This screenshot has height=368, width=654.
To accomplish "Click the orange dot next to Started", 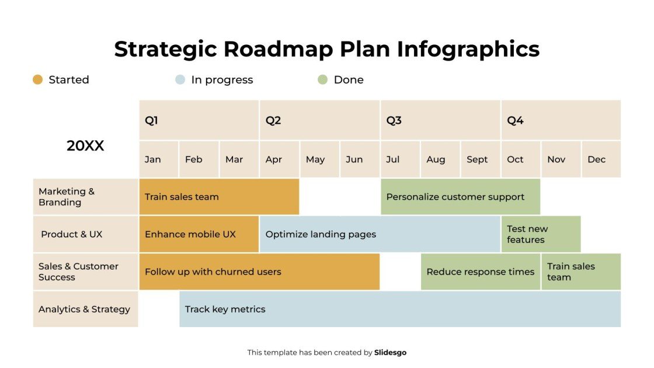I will (38, 80).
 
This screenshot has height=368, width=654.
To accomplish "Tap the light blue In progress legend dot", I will (180, 80).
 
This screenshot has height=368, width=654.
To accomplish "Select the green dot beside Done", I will (323, 80).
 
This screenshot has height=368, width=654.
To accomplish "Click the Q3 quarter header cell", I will (440, 120).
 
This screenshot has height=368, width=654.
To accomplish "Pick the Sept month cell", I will (481, 159).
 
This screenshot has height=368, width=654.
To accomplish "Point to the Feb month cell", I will (199, 159).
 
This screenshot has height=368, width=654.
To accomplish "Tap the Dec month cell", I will (601, 159).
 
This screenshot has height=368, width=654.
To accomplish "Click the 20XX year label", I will (85, 146).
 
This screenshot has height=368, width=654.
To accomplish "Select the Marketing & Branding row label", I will (85, 197).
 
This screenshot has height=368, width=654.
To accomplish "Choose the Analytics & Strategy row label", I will (85, 310).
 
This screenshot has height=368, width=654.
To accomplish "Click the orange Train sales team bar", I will (219, 197).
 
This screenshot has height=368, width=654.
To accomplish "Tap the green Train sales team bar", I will (580, 272).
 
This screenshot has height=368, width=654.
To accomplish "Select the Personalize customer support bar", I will (460, 197).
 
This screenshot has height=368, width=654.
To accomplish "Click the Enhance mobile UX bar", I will (199, 234).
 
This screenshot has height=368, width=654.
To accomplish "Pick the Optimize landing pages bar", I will (380, 234).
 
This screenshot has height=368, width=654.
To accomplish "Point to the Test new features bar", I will (541, 234).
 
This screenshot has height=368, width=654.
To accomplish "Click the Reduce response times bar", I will (481, 272).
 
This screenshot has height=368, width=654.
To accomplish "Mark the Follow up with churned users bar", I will (259, 272).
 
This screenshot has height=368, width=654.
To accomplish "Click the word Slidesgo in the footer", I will (390, 353).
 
